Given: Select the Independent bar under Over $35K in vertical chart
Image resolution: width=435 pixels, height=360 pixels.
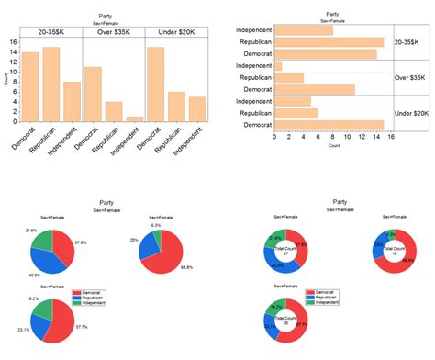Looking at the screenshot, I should (x=133, y=118).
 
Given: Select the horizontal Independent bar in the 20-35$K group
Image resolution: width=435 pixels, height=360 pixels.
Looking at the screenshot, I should (x=303, y=30).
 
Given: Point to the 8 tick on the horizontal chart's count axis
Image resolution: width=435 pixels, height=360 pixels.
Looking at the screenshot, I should (x=332, y=137).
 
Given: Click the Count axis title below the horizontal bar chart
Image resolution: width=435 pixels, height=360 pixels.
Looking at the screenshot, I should (x=332, y=146).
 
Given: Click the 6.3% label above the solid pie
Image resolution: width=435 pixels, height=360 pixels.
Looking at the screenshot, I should (x=157, y=224).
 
